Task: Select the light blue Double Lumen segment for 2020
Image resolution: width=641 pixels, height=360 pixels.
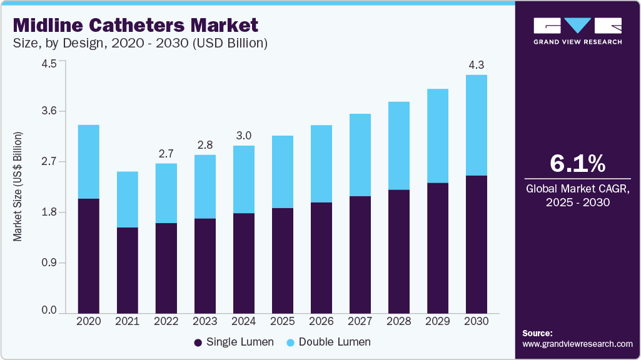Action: pyautogui.click(x=88, y=161)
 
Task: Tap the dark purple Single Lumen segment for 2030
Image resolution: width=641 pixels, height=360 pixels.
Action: pyautogui.click(x=477, y=244)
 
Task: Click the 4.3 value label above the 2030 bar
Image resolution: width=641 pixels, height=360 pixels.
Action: pyautogui.click(x=477, y=64)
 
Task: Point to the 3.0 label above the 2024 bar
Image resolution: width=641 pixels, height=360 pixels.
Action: pyautogui.click(x=244, y=136)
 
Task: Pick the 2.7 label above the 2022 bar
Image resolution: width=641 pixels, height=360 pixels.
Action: pyautogui.click(x=166, y=153)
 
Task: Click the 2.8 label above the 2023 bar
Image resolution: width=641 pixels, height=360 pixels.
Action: pyautogui.click(x=205, y=145)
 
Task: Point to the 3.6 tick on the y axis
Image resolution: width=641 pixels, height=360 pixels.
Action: pyautogui.click(x=49, y=111)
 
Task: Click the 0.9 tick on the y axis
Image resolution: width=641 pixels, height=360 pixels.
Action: pyautogui.click(x=49, y=262)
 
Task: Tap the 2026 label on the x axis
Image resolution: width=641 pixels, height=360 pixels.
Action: pyautogui.click(x=321, y=321)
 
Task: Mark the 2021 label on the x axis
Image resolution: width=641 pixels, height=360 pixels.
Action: pyautogui.click(x=128, y=321)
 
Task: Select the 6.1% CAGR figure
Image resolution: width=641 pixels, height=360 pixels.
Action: pyautogui.click(x=577, y=164)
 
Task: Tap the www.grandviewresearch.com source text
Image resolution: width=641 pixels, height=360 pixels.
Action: pyautogui.click(x=577, y=344)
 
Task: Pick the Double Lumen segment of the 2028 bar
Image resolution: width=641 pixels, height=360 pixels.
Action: pyautogui.click(x=399, y=145)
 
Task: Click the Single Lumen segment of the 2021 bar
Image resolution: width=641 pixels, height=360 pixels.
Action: pyautogui.click(x=128, y=270)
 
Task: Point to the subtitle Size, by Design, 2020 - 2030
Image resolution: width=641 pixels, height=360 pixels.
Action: pyautogui.click(x=141, y=44)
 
